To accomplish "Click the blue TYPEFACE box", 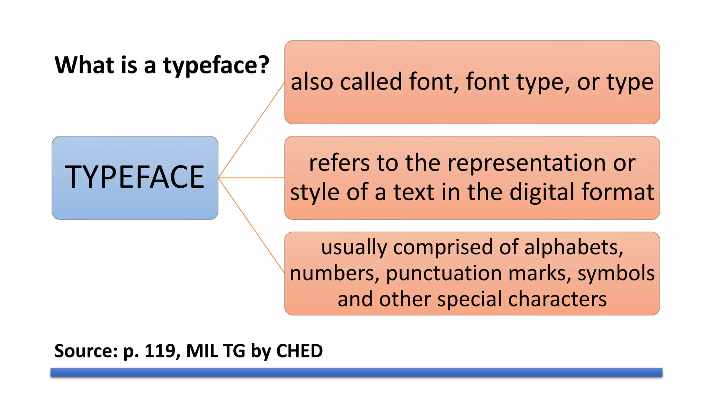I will coord(135,178).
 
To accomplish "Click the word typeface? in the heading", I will coord(216,66).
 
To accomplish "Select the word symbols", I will coord(616,274).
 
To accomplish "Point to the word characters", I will coord(557,299).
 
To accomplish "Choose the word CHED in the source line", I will coord(299,351).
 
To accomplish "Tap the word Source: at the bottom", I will coord(86,351).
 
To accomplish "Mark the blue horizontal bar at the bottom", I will coord(356,372).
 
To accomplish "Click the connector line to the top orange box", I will coord(251,131).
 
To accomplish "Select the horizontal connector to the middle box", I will coord(251,178).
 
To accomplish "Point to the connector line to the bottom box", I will coord(251,225).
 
